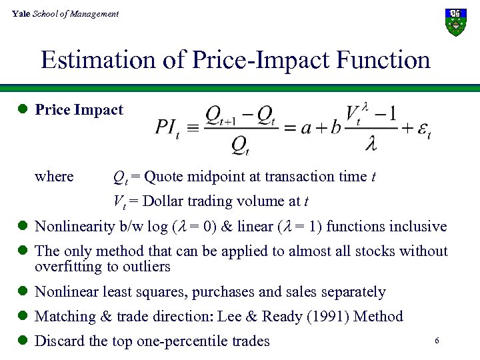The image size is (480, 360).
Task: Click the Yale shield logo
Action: [456, 22]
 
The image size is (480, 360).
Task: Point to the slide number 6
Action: [436, 341]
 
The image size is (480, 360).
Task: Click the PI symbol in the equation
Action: [167, 126]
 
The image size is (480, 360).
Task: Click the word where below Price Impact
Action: [54, 177]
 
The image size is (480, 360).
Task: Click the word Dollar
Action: [164, 201]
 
